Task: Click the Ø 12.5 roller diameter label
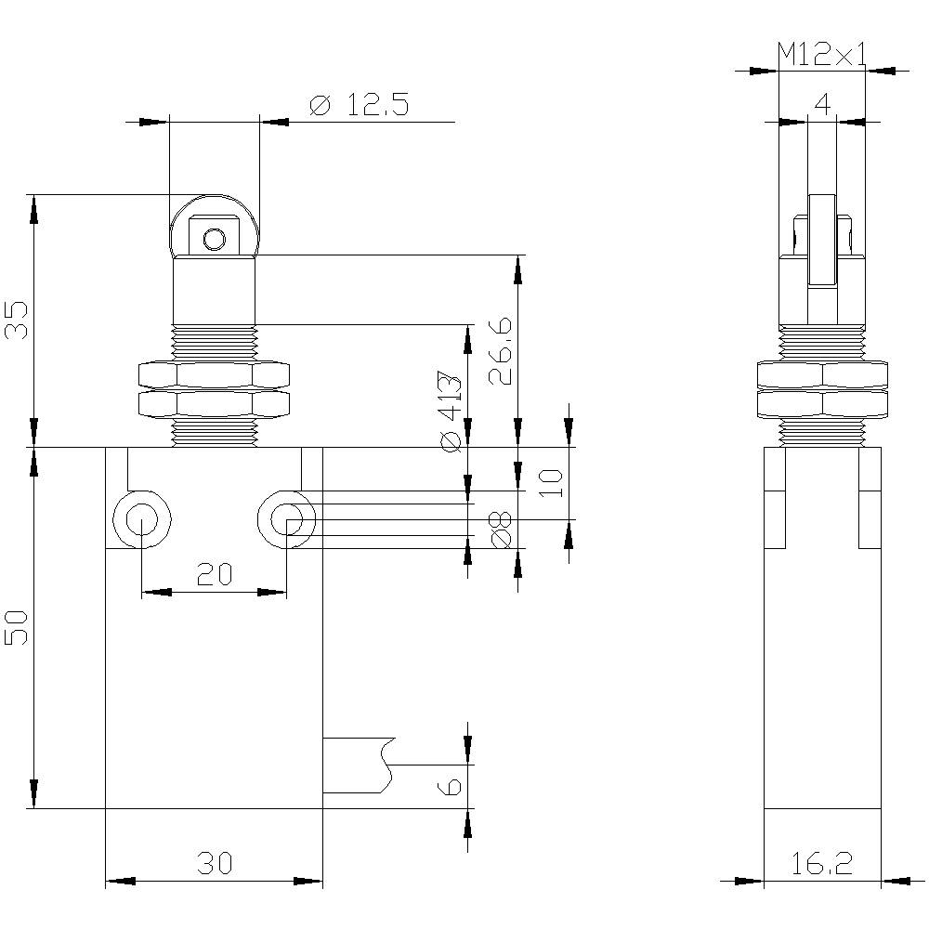coord(358,105)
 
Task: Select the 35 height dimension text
coord(18,321)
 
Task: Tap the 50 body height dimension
coord(18,628)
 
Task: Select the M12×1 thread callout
coord(821,55)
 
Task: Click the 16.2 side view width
coord(821,864)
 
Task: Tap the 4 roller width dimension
coord(822,104)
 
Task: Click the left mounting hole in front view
coord(140,520)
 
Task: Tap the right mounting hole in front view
coord(285,520)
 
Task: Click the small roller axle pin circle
coord(215,240)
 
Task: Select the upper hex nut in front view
coord(214,374)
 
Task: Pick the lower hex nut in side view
coord(821,403)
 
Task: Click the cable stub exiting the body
coord(353,765)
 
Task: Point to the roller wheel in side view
coord(821,240)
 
